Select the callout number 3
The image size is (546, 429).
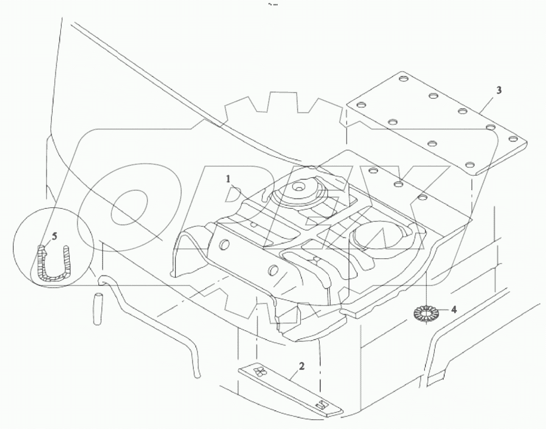pos(499,90)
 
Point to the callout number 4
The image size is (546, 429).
pos(454,310)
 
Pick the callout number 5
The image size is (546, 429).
pos(55,236)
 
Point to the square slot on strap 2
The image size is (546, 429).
pos(321,404)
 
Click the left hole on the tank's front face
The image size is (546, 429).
pos(225,244)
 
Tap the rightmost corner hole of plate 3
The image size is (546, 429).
pos(513,139)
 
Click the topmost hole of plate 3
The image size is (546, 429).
pos(401,78)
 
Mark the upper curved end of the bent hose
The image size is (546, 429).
pos(102,280)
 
